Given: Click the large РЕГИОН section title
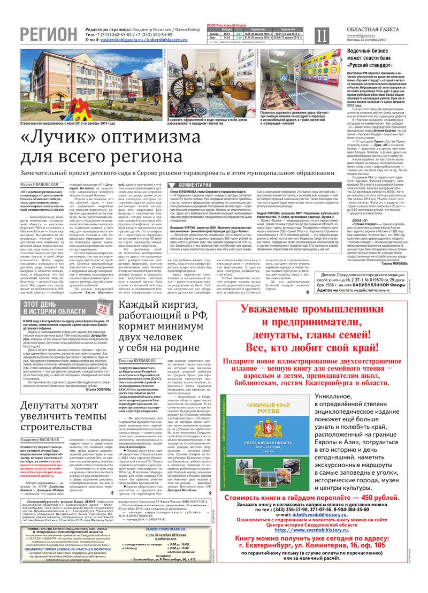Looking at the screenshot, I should point(49,34).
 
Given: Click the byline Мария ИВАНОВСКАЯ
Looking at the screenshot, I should point(41,185).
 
